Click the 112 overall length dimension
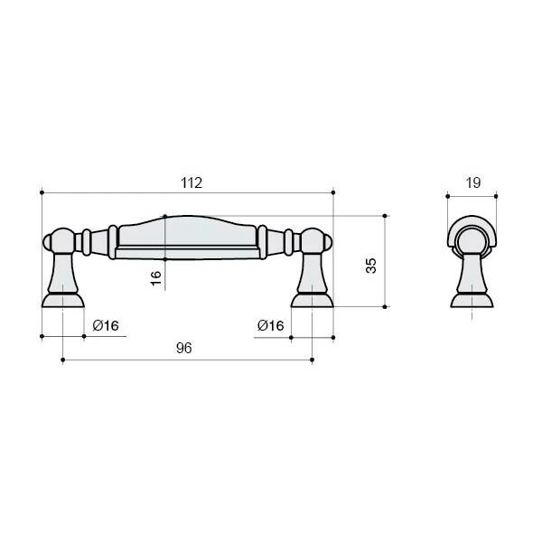pos(192,182)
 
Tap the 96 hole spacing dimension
pos(184,348)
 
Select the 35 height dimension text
pos(371,266)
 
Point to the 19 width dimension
pos(472,182)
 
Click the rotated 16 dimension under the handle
pos(156,278)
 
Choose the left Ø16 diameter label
pos(106,325)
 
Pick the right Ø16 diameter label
pos(271,325)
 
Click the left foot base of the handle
pos(63,300)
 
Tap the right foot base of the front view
pos(313,300)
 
